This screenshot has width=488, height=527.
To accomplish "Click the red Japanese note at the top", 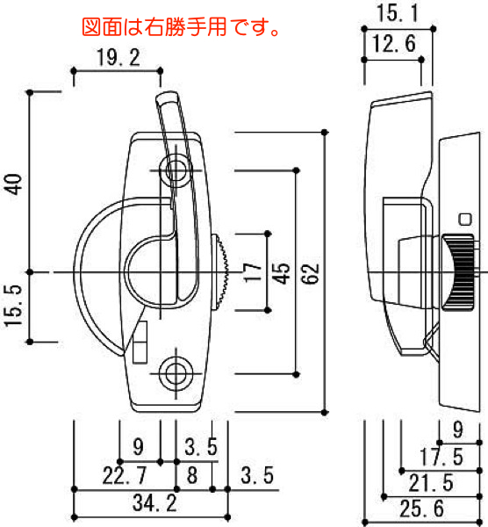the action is coord(181,27).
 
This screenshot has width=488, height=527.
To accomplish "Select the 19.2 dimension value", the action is coord(118,57).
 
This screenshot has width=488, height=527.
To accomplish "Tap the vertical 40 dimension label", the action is coord(14,184).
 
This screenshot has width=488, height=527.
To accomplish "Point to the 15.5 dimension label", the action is coord(14,305).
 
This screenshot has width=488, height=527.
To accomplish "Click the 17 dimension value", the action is coord(253,272).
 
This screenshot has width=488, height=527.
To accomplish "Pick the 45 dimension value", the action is coord(281,272).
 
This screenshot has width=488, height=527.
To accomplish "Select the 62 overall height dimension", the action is coord(311,273).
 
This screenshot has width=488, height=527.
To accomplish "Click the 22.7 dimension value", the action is coord(125,475).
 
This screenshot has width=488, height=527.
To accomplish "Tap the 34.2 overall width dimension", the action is coord(154,503).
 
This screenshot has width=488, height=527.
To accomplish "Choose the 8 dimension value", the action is coord(192,475).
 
